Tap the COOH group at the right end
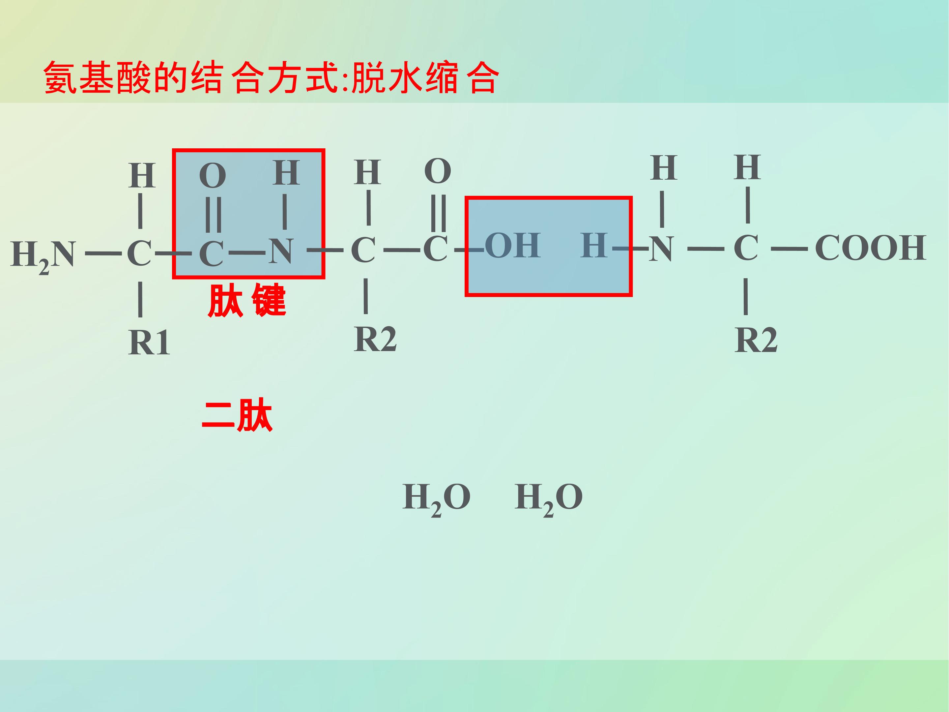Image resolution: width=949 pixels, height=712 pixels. click(x=871, y=248)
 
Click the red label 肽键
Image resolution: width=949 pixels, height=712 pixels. click(x=247, y=300)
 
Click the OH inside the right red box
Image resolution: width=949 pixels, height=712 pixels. click(x=512, y=246)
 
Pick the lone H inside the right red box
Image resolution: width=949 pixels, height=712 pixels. click(x=594, y=246)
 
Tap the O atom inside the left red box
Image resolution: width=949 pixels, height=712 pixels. click(x=212, y=176)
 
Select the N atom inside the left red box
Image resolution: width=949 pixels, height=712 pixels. click(x=281, y=251)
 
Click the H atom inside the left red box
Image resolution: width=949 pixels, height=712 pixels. click(x=286, y=172)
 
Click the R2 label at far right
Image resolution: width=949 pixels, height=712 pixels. click(x=756, y=340)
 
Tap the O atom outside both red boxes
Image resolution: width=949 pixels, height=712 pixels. click(x=438, y=171)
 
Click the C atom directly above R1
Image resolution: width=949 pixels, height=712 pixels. click(x=139, y=253)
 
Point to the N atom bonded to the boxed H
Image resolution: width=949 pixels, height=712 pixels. click(x=661, y=249)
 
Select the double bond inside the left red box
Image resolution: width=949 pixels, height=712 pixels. click(x=213, y=214)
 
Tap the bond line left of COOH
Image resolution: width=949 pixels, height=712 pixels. click(x=790, y=249)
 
